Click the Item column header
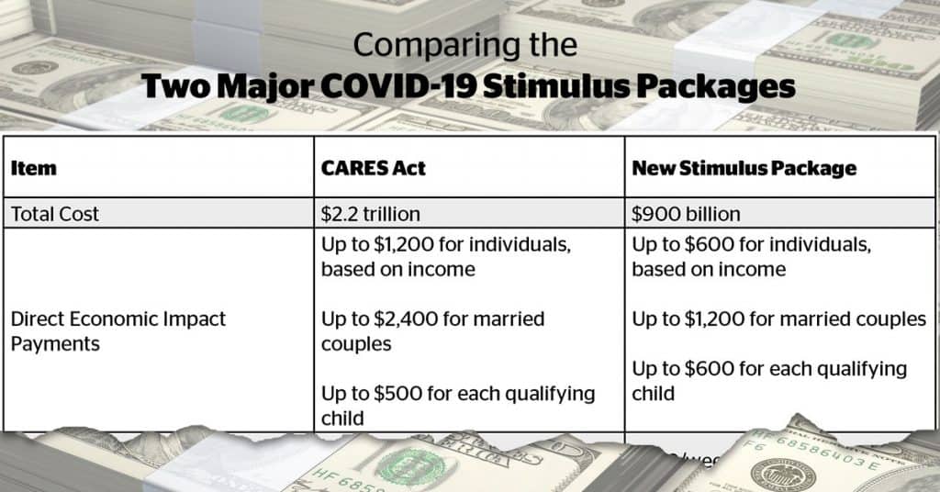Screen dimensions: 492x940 [33, 168]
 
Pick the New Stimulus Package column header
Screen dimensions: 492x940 [744, 168]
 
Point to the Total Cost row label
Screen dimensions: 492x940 [55, 214]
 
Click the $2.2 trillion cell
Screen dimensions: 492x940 [370, 214]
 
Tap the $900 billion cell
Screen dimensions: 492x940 [686, 214]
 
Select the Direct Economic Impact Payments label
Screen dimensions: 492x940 [117, 331]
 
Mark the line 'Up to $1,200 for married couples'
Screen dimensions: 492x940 [778, 319]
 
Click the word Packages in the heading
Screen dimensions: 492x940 [721, 86]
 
